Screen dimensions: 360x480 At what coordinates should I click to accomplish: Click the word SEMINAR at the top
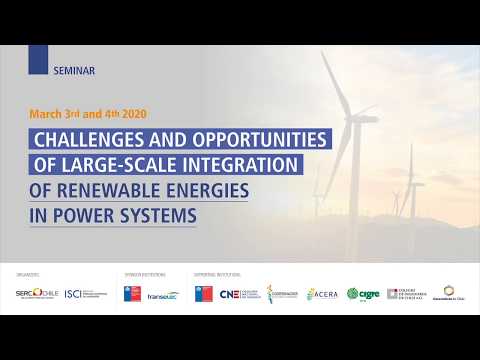75,70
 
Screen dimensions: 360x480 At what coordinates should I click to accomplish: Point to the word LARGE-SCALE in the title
121,163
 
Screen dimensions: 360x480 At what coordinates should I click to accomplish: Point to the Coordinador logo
283,293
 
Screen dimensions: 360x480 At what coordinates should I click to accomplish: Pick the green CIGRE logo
360,293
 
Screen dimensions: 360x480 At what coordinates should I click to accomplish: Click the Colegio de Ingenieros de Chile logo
400,293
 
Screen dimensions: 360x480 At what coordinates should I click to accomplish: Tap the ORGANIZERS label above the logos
29,273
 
